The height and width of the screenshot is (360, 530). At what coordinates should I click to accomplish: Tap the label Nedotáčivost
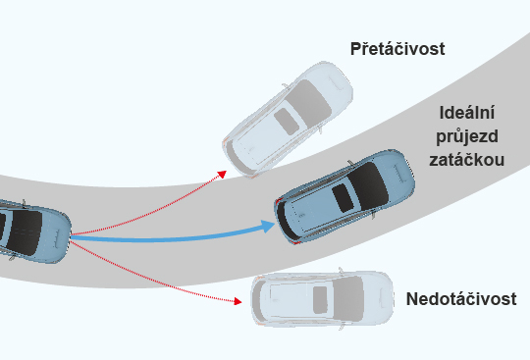[461, 299]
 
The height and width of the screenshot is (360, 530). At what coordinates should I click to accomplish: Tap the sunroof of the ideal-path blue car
[344, 193]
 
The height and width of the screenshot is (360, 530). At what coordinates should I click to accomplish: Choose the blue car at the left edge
[29, 233]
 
